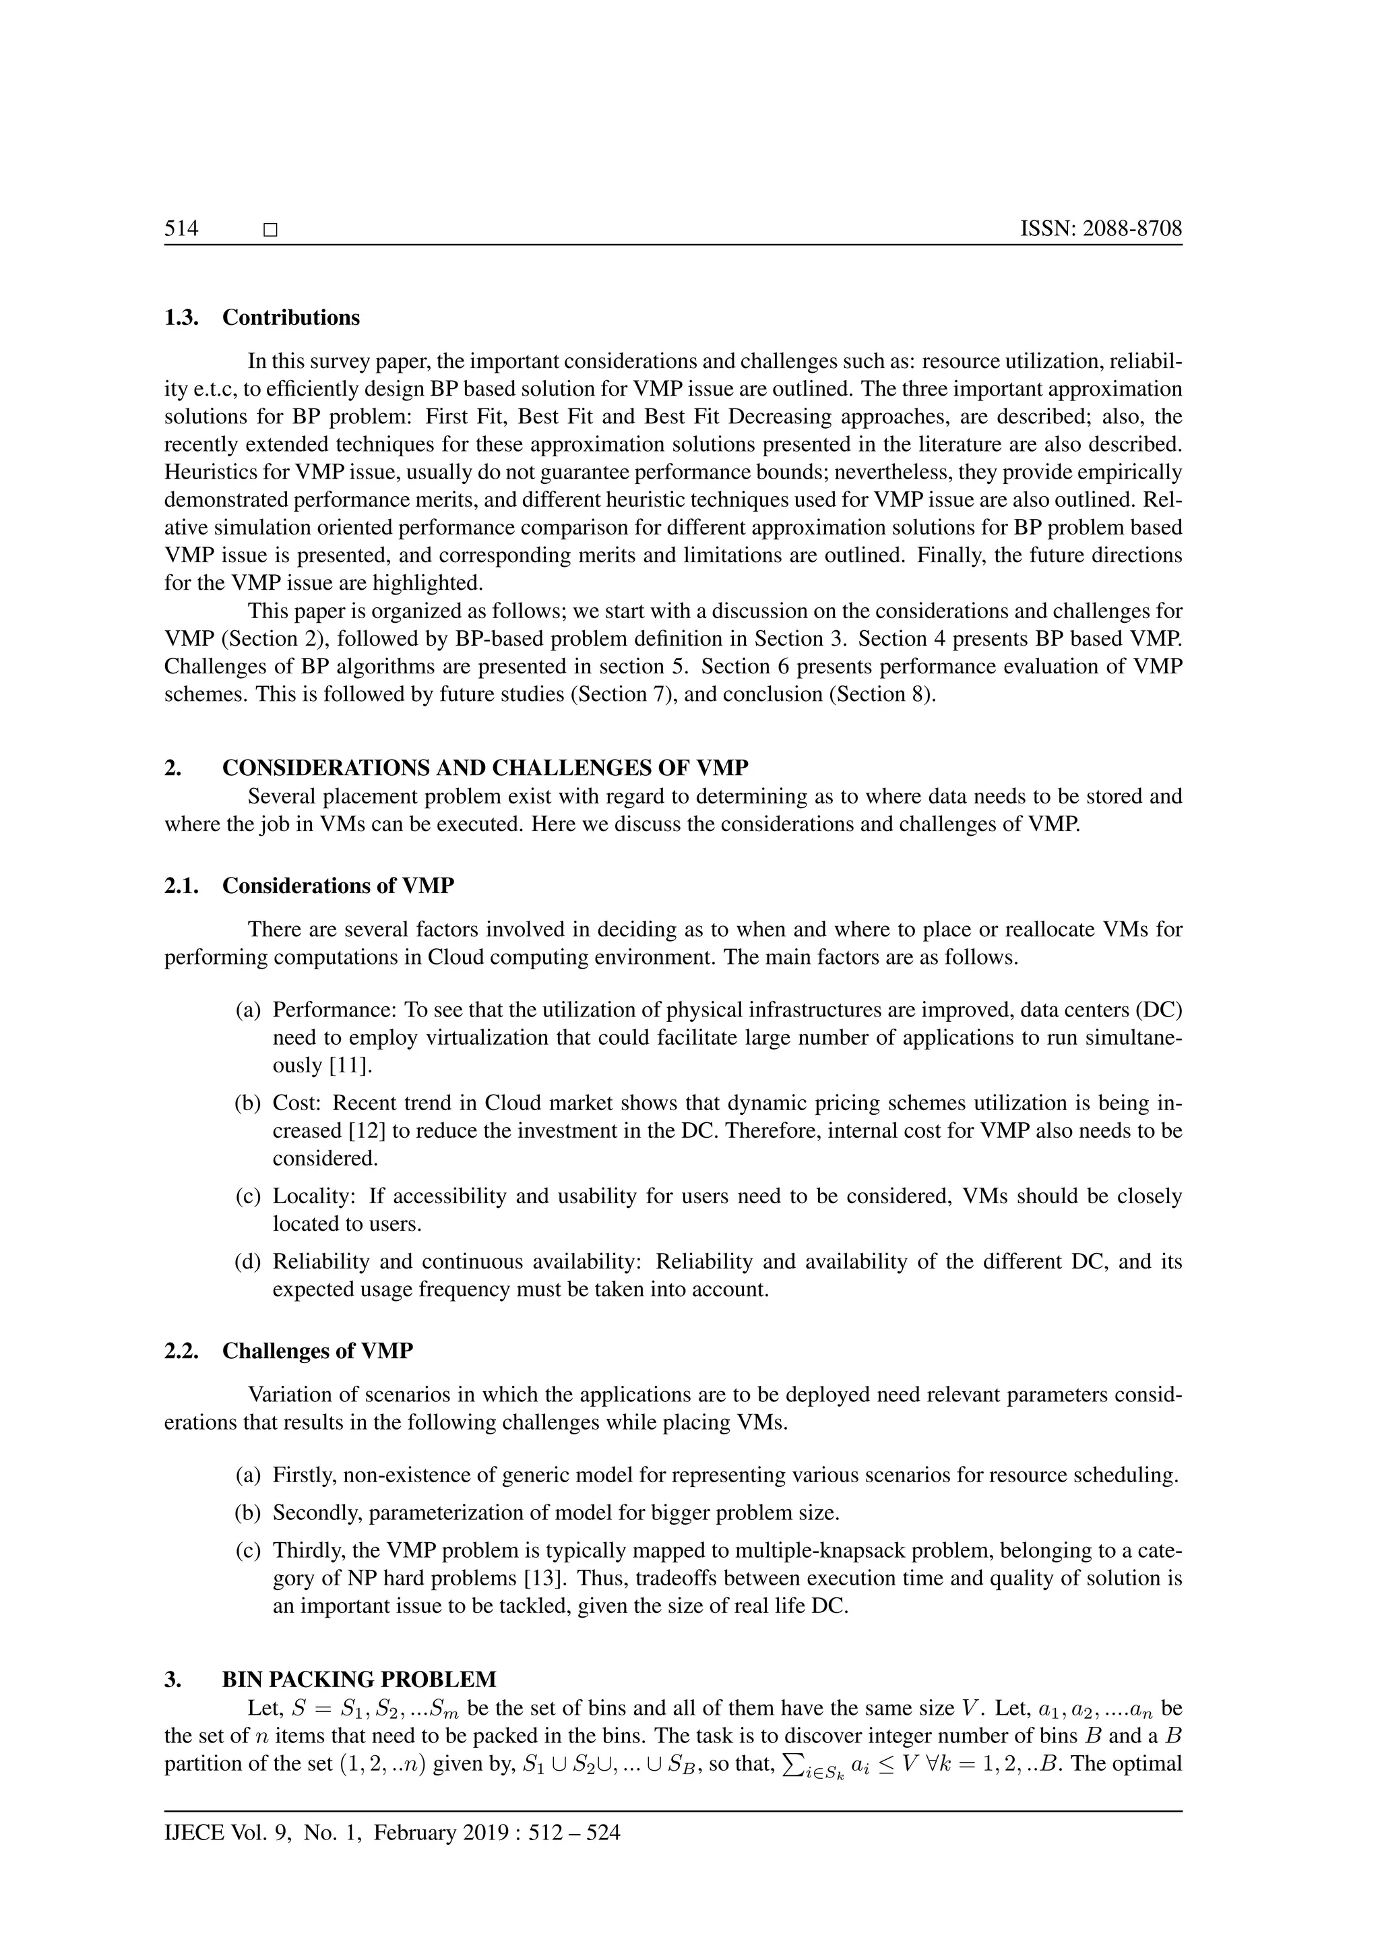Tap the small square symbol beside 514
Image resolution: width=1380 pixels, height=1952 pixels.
[271, 231]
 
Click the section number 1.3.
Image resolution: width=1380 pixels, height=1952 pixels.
[181, 318]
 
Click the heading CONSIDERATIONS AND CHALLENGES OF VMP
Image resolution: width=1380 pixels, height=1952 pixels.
[485, 768]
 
